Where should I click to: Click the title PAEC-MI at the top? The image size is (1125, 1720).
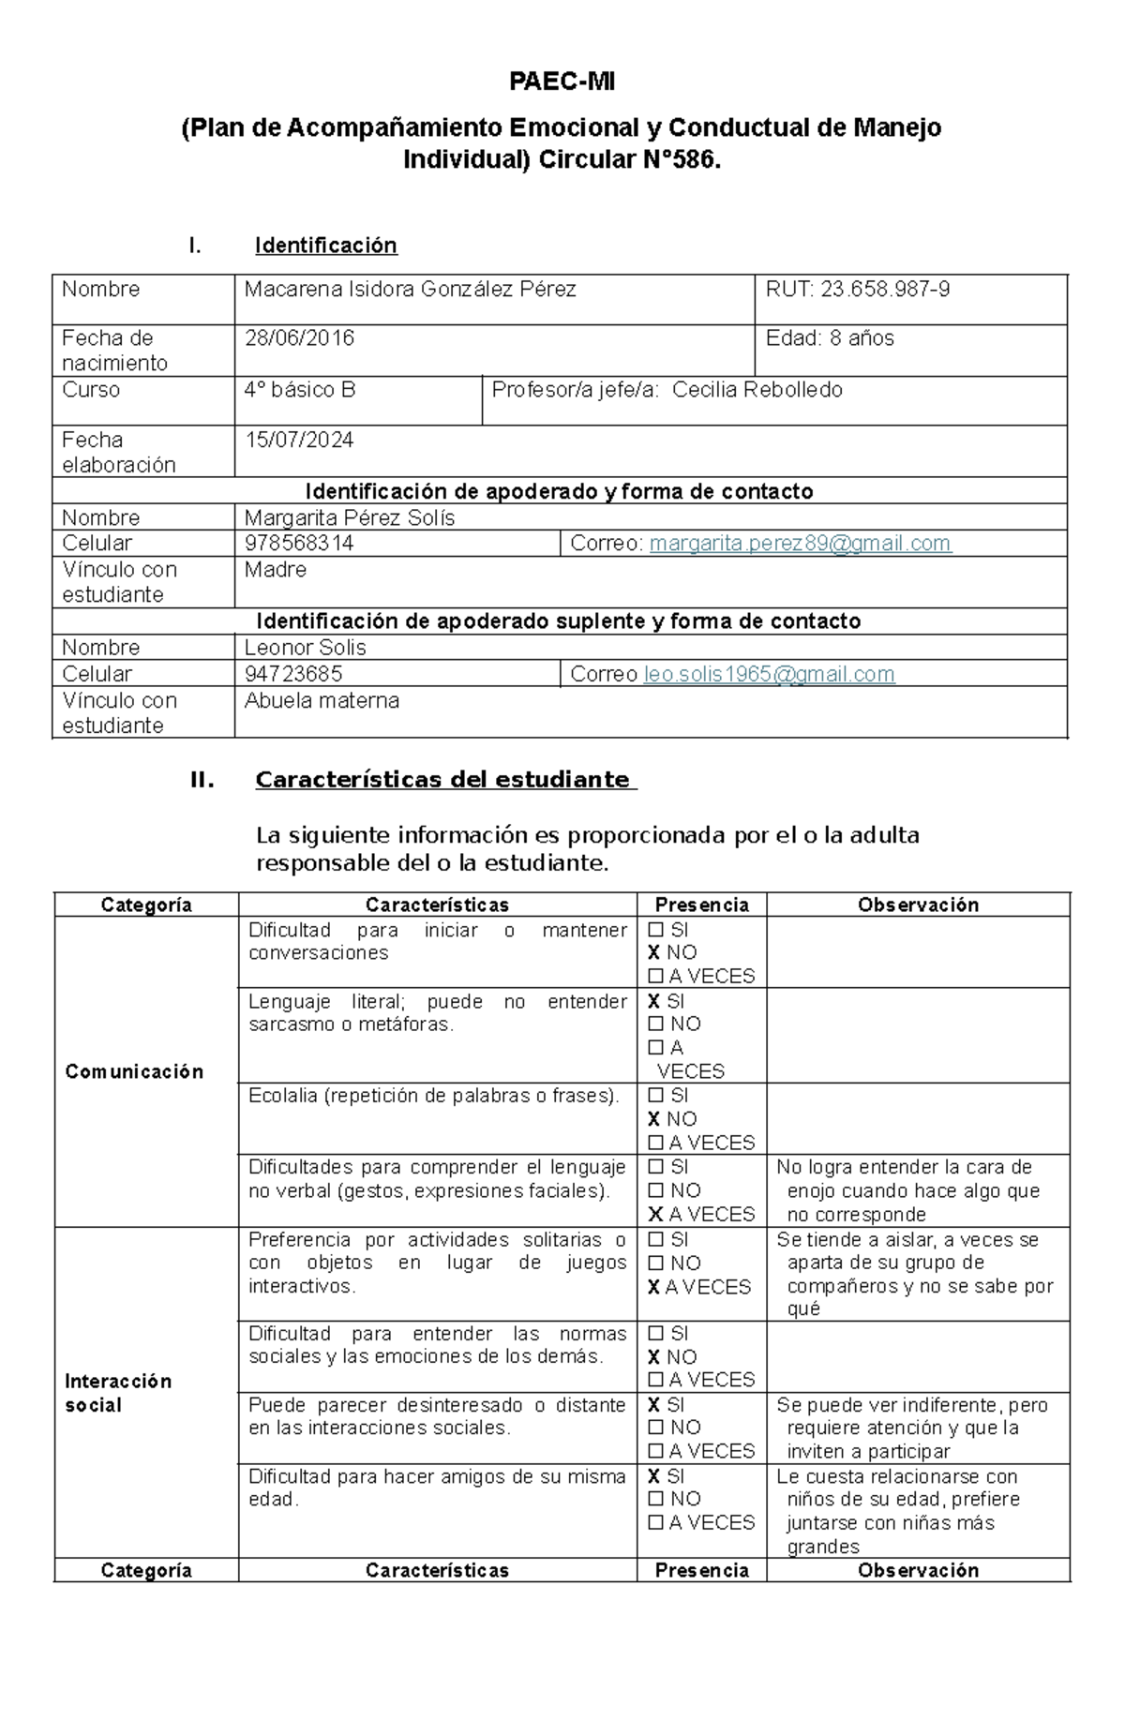(x=562, y=82)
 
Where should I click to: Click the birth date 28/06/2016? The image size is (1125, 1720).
(x=299, y=338)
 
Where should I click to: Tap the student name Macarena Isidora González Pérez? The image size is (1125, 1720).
(x=410, y=290)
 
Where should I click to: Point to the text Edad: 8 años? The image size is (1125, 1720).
(x=829, y=338)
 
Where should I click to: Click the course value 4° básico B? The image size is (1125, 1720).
(x=299, y=390)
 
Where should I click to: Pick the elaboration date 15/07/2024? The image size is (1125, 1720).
(x=299, y=441)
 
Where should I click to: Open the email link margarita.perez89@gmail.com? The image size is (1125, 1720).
(x=800, y=544)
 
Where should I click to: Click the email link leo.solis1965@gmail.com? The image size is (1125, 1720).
(x=769, y=674)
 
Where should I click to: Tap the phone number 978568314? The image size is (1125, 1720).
(x=299, y=544)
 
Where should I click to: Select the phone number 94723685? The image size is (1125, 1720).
(x=292, y=674)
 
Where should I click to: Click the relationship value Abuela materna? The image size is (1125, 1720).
(x=322, y=700)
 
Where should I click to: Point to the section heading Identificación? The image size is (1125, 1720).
(x=325, y=246)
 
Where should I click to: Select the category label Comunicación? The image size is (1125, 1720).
(x=134, y=1071)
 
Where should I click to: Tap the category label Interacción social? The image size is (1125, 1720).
(x=118, y=1393)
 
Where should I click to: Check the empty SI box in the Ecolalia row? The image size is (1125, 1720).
(x=655, y=1096)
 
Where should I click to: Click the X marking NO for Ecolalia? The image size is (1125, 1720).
(x=654, y=1119)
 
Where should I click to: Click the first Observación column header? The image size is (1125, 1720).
(x=918, y=905)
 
